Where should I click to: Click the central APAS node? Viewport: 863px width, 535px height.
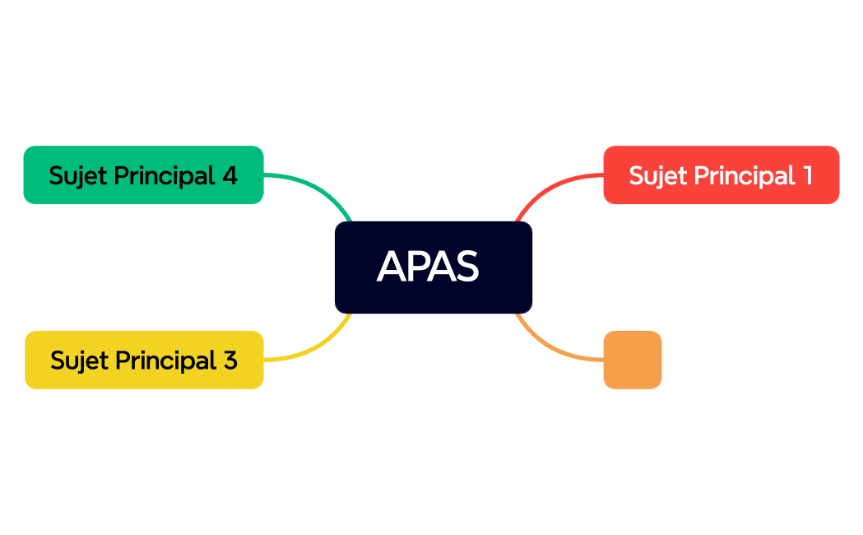point(433,267)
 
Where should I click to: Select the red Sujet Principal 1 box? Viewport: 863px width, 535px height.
point(721,174)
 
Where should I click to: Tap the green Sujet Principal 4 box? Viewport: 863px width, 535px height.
point(143,174)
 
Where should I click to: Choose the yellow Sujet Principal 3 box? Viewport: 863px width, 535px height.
point(144,360)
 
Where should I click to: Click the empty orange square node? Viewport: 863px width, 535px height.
point(632,360)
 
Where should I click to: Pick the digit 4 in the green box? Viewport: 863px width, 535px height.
point(230,175)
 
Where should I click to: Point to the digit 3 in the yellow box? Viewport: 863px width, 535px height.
point(230,361)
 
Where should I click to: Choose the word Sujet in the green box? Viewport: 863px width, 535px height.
point(77,175)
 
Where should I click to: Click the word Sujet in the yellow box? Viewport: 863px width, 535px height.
point(78,361)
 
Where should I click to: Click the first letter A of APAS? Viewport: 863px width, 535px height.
point(390,267)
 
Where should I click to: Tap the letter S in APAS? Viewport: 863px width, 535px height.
point(466,267)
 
